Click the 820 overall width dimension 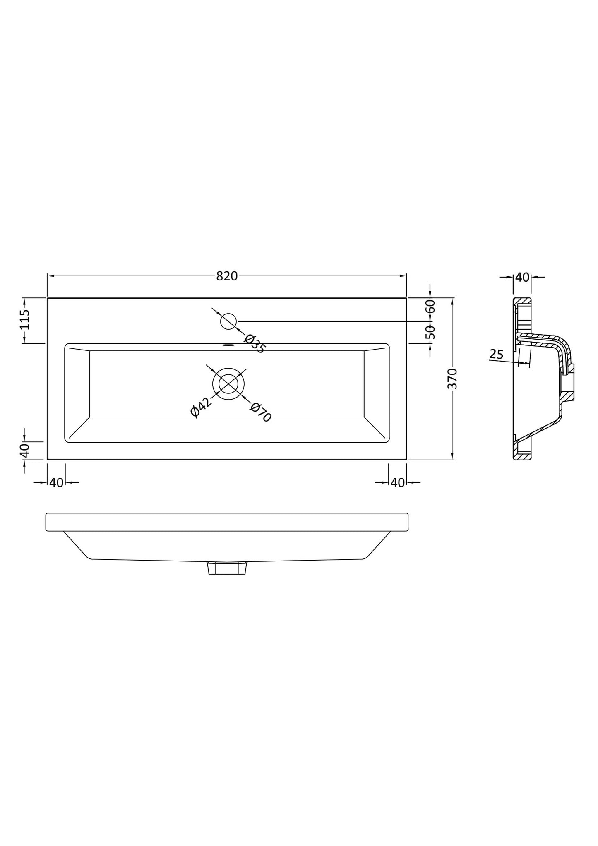[x=227, y=276]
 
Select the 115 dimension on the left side [x=25, y=319]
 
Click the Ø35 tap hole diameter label [x=254, y=344]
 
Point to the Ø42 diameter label [x=200, y=407]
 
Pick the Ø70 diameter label [x=260, y=412]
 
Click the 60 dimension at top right [x=430, y=307]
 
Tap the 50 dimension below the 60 [x=430, y=332]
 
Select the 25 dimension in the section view [x=496, y=354]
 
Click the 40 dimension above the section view [x=523, y=277]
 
